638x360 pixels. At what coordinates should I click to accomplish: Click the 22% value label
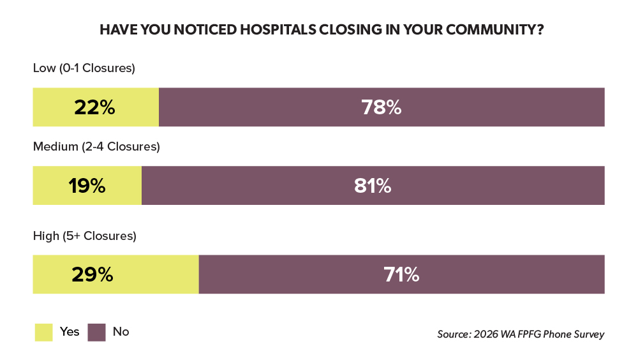click(94, 107)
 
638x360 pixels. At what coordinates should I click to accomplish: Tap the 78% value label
click(382, 107)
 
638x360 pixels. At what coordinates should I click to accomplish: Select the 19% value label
click(87, 186)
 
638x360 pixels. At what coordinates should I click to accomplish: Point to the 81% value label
click(373, 186)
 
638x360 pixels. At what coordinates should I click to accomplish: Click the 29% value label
click(93, 274)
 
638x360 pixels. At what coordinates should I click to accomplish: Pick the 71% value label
click(401, 274)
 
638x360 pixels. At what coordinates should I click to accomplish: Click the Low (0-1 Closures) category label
click(84, 68)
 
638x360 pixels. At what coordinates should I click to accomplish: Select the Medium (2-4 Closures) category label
click(96, 147)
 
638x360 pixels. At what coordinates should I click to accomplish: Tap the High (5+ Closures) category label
click(85, 236)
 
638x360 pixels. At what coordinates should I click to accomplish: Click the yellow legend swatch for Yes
click(43, 332)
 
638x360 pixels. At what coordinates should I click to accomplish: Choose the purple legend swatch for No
click(96, 332)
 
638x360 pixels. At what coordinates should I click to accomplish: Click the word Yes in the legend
click(70, 331)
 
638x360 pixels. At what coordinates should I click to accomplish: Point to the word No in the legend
click(121, 331)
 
